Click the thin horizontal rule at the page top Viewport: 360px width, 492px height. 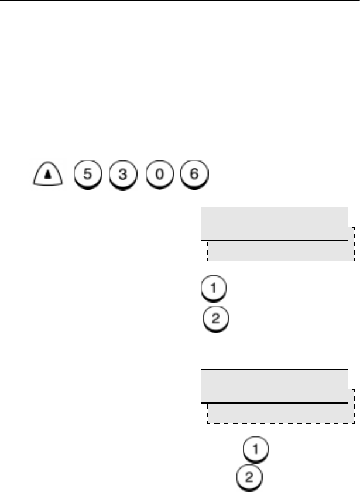pyautogui.click(x=180, y=1)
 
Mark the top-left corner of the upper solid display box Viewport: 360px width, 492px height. pyautogui.click(x=201, y=207)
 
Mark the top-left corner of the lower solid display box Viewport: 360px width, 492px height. pyautogui.click(x=201, y=369)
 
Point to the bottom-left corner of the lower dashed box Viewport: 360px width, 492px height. pyautogui.click(x=208, y=422)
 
